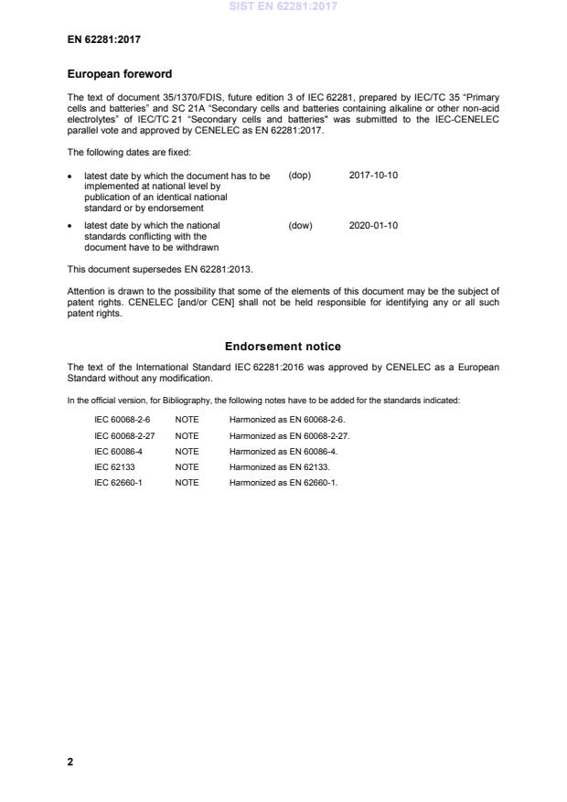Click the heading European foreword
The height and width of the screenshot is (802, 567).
coord(120,73)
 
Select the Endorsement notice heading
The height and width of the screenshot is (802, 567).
coord(283,347)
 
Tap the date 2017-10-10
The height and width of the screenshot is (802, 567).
coord(373,175)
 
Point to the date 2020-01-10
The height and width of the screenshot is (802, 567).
coord(373,225)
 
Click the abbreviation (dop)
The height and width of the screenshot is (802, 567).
coord(300,175)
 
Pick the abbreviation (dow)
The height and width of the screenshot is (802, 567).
coord(300,225)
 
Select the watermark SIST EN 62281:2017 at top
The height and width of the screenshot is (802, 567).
coord(283,6)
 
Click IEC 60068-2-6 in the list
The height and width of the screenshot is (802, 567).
coord(122,418)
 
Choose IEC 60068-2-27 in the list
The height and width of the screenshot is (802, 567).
coord(124,434)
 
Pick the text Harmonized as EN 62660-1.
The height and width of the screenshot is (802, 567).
coord(283,483)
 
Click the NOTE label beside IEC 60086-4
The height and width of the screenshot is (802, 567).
coord(187,451)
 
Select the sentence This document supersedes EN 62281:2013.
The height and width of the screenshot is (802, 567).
coord(161,269)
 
